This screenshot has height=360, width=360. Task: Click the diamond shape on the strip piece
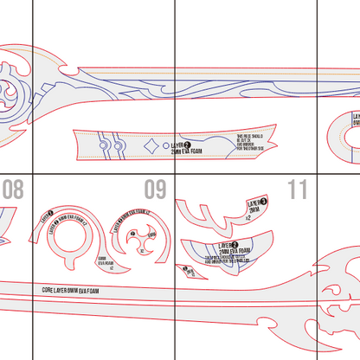[153, 145]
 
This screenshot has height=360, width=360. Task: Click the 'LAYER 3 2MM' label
[254, 205]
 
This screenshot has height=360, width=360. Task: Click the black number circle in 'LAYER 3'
[263, 200]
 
